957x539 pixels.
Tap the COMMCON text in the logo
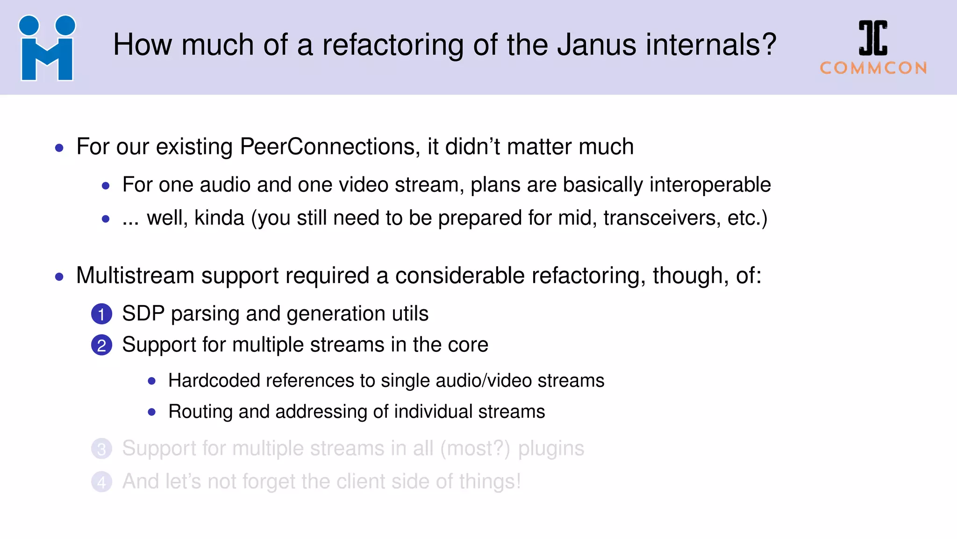pyautogui.click(x=873, y=68)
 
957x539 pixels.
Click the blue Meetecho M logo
pyautogui.click(x=47, y=49)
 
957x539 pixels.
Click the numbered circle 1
pyautogui.click(x=101, y=314)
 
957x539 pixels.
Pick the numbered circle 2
pyautogui.click(x=101, y=345)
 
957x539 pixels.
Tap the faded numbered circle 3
pyautogui.click(x=101, y=449)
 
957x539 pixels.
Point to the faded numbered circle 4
pyautogui.click(x=101, y=482)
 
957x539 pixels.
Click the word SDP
pyautogui.click(x=143, y=313)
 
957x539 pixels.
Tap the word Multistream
pyautogui.click(x=135, y=276)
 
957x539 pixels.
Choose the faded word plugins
pyautogui.click(x=551, y=449)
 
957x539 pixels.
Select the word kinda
pyautogui.click(x=219, y=218)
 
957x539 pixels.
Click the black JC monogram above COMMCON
pyautogui.click(x=873, y=38)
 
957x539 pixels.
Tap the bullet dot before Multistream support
pyautogui.click(x=59, y=277)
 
